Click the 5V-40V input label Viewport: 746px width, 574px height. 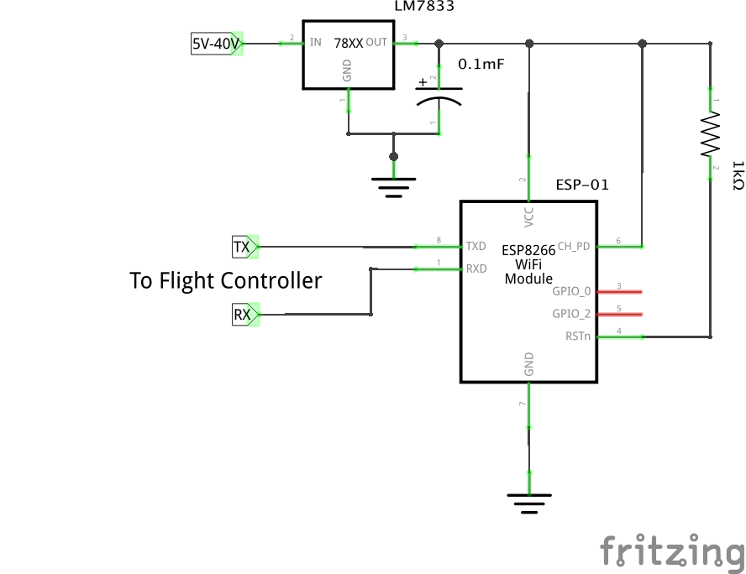click(216, 44)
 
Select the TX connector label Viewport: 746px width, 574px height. click(243, 247)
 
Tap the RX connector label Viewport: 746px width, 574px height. click(243, 316)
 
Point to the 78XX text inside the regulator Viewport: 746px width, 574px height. click(348, 42)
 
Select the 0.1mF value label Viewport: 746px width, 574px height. click(481, 64)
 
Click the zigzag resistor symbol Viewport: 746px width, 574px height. click(711, 134)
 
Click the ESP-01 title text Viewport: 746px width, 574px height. click(582, 185)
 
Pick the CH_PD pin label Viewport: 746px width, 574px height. click(573, 246)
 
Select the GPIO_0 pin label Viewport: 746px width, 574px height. click(571, 291)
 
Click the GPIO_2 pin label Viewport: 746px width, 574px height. click(571, 314)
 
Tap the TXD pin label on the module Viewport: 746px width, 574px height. click(476, 246)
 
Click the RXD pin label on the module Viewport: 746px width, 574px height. click(476, 269)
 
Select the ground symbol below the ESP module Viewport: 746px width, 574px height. click(528, 502)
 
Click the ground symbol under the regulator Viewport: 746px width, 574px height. click(393, 184)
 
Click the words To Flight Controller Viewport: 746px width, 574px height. click(225, 280)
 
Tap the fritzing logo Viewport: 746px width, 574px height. click(672, 552)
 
